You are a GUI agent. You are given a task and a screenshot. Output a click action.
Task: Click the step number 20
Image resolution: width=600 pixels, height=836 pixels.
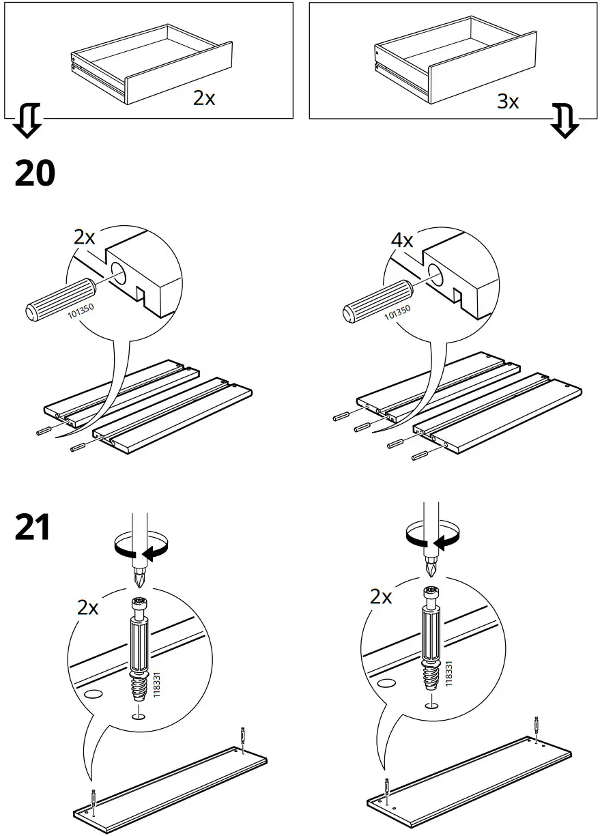coord(35,174)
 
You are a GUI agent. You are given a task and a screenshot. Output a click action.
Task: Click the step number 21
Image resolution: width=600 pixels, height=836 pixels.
coord(33,528)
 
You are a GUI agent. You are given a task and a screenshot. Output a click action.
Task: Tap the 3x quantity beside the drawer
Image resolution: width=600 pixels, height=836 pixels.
coord(507,102)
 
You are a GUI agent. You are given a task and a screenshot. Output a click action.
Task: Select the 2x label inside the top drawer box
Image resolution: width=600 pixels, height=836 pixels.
coord(203,98)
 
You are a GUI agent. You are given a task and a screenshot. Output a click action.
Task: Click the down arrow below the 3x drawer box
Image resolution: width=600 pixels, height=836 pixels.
coord(565,121)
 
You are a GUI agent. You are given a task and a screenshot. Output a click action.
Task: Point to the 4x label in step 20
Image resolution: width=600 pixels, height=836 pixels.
coord(401,240)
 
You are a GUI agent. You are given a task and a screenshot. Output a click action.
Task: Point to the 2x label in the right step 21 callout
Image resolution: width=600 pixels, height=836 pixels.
coord(380,597)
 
